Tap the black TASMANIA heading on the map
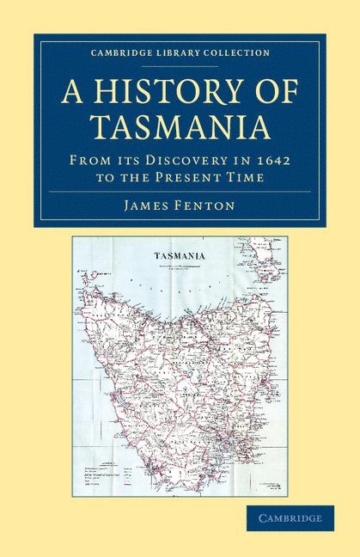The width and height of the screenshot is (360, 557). click(179, 255)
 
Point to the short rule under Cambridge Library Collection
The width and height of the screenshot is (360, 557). click(180, 64)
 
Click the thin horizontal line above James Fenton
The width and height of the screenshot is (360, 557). click(180, 192)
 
